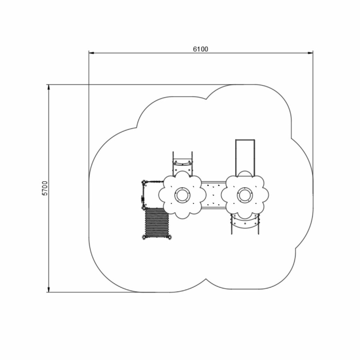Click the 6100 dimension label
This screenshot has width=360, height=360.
click(201, 49)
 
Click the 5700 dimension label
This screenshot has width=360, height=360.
click(45, 188)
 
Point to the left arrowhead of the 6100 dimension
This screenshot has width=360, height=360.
click(92, 53)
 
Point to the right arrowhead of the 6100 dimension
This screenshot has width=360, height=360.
click(310, 53)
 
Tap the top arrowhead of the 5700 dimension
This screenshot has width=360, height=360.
click(48, 87)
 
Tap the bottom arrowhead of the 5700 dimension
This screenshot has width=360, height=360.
click(48, 290)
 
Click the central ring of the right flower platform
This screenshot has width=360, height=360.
click(245, 195)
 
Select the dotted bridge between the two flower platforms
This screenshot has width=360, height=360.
click(213, 195)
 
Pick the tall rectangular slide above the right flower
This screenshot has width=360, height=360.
click(245, 157)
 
